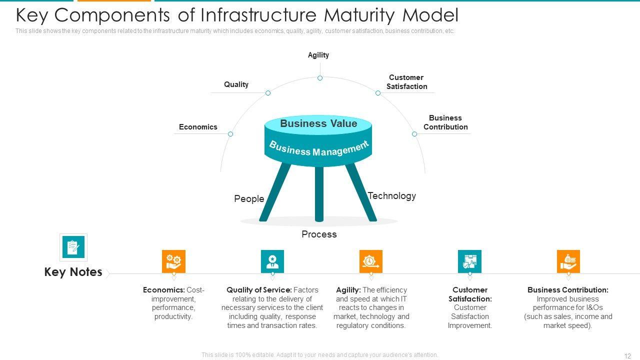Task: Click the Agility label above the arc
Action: (318, 55)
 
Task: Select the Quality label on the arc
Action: (236, 84)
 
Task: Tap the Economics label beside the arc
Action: (198, 127)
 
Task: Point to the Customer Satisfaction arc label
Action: (406, 82)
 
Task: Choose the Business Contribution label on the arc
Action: (445, 122)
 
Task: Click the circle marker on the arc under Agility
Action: (320, 78)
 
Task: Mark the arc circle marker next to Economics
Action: (230, 134)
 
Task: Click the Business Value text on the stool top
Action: (318, 123)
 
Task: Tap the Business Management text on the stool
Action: (318, 148)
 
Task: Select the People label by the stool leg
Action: (249, 199)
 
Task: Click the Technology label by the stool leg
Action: (392, 196)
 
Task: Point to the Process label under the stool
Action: (319, 234)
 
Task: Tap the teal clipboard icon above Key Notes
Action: (73, 247)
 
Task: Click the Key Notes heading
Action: (73, 272)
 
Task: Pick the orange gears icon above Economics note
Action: (173, 261)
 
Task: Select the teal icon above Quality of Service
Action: (272, 261)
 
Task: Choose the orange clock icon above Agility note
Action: (371, 261)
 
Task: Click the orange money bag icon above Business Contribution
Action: (568, 261)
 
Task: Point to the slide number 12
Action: (628, 356)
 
